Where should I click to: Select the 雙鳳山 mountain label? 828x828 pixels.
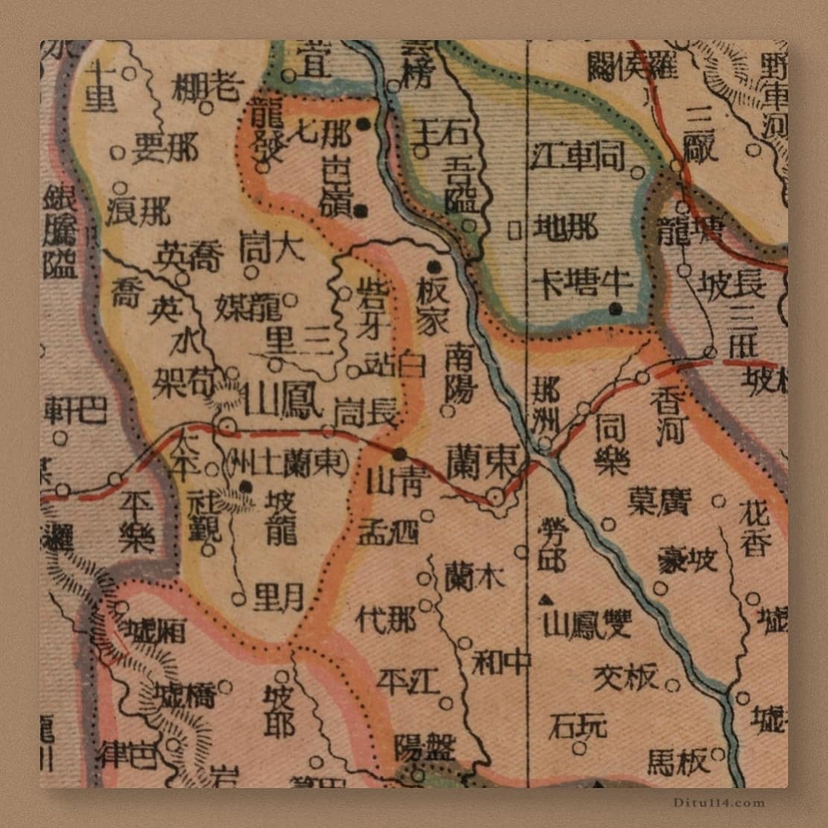pyautogui.click(x=589, y=624)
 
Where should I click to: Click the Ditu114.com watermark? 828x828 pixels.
pyautogui.click(x=718, y=803)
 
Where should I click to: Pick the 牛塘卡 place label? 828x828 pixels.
pyautogui.click(x=582, y=283)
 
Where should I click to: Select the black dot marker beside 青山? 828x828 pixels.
pyautogui.click(x=400, y=454)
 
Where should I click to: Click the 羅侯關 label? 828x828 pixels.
pyautogui.click(x=632, y=67)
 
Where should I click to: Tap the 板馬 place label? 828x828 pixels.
pyautogui.click(x=676, y=762)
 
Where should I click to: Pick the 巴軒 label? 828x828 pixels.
pyautogui.click(x=75, y=410)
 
